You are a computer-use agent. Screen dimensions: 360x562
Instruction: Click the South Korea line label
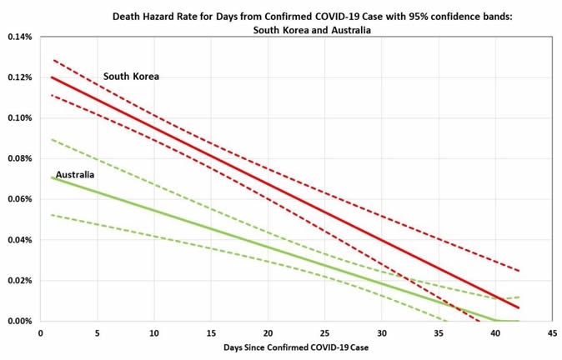pos(131,77)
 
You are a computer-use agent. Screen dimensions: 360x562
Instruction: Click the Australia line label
pos(74,175)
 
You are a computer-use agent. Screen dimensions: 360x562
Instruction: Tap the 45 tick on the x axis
pos(551,332)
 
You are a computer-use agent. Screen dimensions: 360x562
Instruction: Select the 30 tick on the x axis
pos(381,332)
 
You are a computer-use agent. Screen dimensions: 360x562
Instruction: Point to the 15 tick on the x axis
pos(211,332)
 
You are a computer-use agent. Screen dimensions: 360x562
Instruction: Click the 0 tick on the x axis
pos(41,332)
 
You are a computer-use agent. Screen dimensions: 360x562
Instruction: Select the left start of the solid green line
pos(52,177)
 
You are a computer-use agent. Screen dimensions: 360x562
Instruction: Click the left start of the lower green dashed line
pos(52,215)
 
